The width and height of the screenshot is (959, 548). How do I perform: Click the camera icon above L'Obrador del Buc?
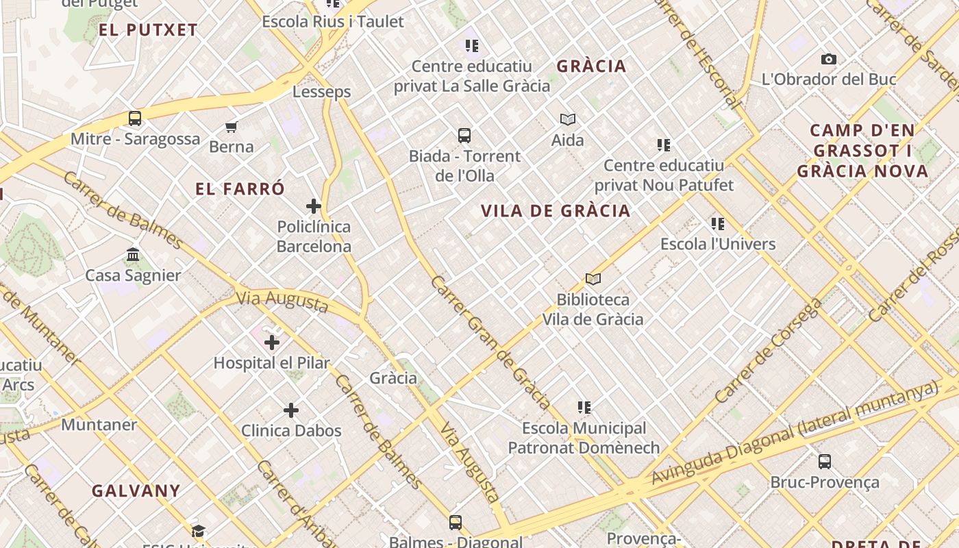(x=829, y=60)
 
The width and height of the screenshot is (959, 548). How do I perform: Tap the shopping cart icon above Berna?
(x=232, y=127)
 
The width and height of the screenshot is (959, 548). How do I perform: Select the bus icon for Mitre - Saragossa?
(x=135, y=119)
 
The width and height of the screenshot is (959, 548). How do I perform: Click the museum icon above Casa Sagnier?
(x=133, y=256)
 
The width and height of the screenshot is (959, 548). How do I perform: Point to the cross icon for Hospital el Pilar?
(x=272, y=342)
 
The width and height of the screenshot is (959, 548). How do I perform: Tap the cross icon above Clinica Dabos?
(x=291, y=410)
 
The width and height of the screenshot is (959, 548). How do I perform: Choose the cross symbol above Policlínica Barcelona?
(x=314, y=206)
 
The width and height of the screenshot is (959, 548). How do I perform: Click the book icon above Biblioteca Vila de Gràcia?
(x=593, y=279)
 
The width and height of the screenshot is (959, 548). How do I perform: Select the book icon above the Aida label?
(x=568, y=120)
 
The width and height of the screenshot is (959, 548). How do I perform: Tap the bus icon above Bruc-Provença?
(x=825, y=462)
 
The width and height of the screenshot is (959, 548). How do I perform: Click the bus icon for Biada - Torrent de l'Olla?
(x=464, y=136)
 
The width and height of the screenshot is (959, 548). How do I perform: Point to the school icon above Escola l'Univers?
(x=718, y=224)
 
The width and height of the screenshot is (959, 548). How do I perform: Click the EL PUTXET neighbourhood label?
(x=148, y=30)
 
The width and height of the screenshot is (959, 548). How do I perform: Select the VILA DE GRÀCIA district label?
(x=556, y=211)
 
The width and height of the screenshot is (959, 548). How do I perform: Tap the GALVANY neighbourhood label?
(x=136, y=491)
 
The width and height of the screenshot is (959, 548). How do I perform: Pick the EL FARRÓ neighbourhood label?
(x=240, y=190)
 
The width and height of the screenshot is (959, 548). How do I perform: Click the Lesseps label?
(x=321, y=92)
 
